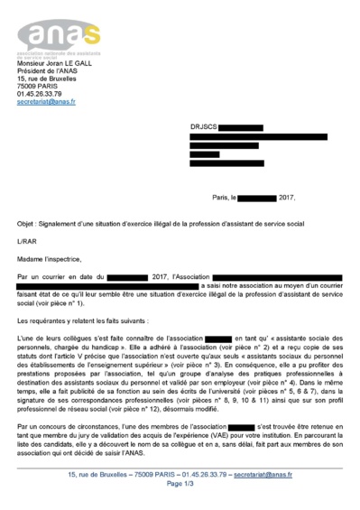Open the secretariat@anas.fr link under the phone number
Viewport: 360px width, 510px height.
(46, 102)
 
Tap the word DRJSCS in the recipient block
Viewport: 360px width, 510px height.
(203, 129)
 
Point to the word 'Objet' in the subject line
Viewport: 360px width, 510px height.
(26, 221)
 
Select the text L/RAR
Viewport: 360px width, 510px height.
(26, 239)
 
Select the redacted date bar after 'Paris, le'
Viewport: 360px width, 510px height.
(257, 196)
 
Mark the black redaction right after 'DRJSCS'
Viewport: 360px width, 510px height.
(240, 129)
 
